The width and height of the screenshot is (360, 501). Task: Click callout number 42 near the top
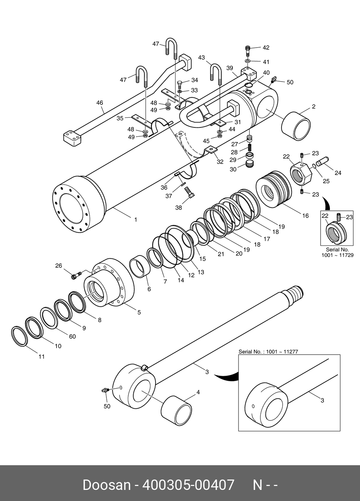pyautogui.click(x=266, y=47)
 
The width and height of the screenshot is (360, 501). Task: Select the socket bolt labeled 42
pyautogui.click(x=248, y=51)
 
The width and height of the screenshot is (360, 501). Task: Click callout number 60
pyautogui.click(x=72, y=336)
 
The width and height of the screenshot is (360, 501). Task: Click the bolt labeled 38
pyautogui.click(x=189, y=193)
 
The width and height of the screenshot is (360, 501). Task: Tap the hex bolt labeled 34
pyautogui.click(x=180, y=85)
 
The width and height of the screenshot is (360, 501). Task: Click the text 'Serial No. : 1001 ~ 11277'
pyautogui.click(x=268, y=351)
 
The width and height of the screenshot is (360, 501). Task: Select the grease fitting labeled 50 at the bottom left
pyautogui.click(x=105, y=391)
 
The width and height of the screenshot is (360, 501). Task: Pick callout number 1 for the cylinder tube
pyautogui.click(x=136, y=220)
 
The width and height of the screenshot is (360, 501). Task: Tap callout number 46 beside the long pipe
pyautogui.click(x=100, y=103)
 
